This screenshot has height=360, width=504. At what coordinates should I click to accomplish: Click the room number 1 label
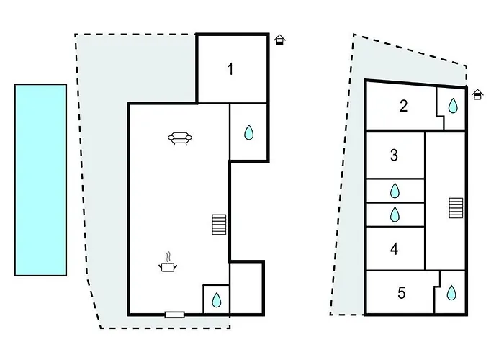click(x=230, y=69)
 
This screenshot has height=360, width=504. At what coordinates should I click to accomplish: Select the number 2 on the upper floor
click(x=403, y=106)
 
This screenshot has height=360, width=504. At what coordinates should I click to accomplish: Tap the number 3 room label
click(x=394, y=156)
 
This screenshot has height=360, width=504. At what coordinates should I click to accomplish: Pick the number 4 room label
click(x=395, y=249)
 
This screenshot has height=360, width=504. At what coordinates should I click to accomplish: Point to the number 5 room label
click(x=402, y=293)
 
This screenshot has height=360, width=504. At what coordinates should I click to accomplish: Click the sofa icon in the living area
click(x=180, y=138)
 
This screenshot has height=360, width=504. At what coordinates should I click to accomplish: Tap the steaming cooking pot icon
click(x=168, y=263)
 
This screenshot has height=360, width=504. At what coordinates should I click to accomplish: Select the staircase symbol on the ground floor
click(x=219, y=225)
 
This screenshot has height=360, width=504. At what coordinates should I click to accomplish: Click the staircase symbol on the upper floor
click(x=456, y=208)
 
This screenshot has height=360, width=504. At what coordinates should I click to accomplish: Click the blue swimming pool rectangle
click(x=40, y=180)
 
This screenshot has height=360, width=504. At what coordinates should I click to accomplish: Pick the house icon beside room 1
click(x=280, y=40)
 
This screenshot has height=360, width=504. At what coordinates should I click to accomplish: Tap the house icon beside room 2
click(x=477, y=94)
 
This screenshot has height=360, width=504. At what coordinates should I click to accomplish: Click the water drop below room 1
click(x=249, y=132)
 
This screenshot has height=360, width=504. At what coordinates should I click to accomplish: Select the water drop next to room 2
click(x=453, y=106)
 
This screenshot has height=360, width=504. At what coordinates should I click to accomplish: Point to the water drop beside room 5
click(x=451, y=292)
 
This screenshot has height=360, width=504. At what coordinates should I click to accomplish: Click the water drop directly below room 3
click(x=395, y=191)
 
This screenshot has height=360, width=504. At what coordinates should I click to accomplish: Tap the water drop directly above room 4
click(x=395, y=215)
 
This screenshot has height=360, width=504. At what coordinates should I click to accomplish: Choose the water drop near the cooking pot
click(x=217, y=300)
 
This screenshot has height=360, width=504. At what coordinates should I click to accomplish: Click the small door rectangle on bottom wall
click(x=174, y=315)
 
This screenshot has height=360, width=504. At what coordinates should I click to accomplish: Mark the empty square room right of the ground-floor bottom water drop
click(x=246, y=288)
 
